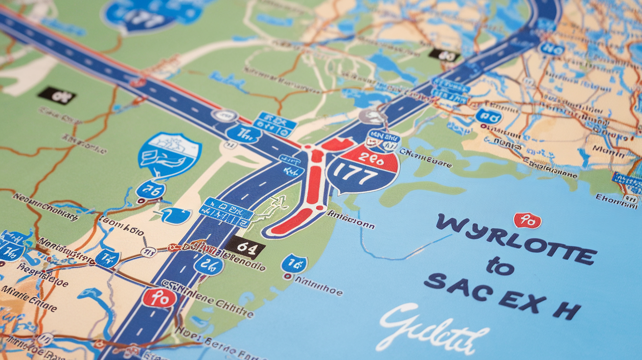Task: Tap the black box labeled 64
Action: tap(245, 247)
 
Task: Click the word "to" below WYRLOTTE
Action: tap(500, 267)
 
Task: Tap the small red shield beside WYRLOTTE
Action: tap(527, 221)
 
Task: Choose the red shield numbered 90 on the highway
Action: tap(160, 297)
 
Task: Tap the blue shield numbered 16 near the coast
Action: tap(294, 264)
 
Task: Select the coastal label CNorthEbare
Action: tap(425, 158)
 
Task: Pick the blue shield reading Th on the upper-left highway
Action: tap(243, 134)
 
